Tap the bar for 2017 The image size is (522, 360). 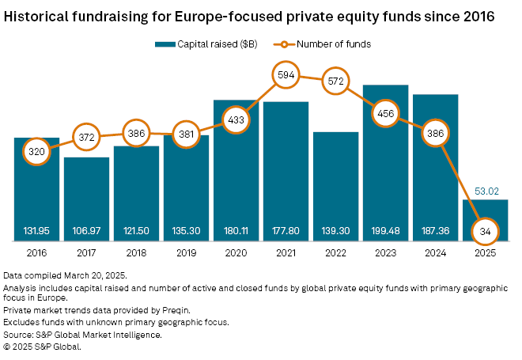86,194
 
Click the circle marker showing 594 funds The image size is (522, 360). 286,75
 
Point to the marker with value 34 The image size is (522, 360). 485,232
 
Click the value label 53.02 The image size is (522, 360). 485,190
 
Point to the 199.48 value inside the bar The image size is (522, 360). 385,231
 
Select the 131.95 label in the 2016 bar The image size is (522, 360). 36,231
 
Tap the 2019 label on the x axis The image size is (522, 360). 186,255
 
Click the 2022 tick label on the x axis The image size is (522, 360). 335,255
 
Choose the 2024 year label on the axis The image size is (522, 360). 435,255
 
